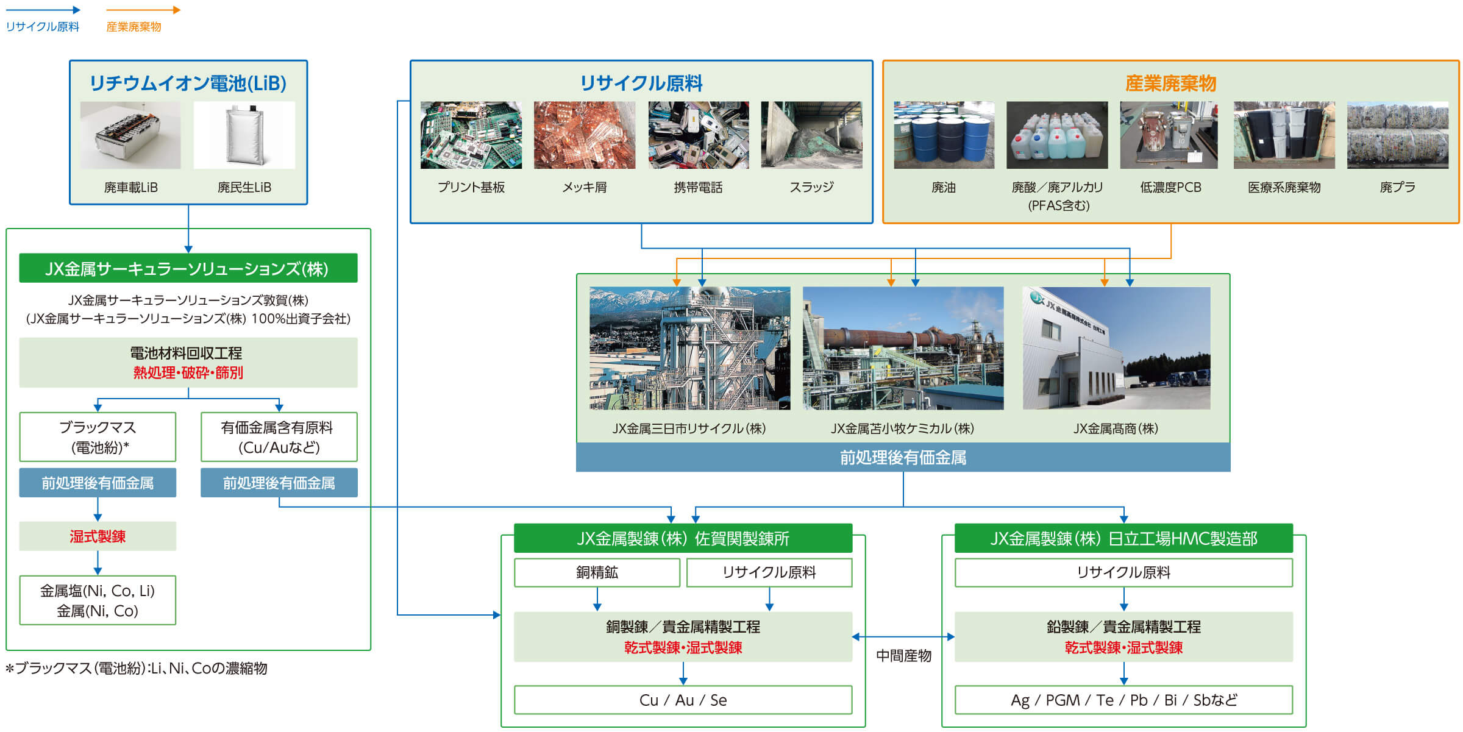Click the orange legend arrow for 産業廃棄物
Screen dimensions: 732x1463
click(143, 10)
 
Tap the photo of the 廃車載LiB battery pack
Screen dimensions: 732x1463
click(130, 135)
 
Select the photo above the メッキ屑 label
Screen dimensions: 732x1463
click(584, 135)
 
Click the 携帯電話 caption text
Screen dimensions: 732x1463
click(698, 188)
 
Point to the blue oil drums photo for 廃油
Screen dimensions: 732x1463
click(944, 135)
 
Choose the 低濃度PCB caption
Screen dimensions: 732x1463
click(1170, 188)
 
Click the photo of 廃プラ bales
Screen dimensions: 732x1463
click(1397, 135)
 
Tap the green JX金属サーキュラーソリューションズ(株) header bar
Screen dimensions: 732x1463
click(188, 268)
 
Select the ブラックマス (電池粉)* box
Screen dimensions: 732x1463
click(98, 437)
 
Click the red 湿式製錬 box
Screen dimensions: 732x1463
click(98, 536)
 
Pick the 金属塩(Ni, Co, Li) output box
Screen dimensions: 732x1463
click(98, 600)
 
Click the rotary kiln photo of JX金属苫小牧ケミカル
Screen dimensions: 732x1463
click(903, 348)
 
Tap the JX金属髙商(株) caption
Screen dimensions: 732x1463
click(1116, 428)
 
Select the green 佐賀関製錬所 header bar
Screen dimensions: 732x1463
click(683, 538)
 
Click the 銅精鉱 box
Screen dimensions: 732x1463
click(597, 572)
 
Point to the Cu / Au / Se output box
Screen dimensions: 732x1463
click(683, 700)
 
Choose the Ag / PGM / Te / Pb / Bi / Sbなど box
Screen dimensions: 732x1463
click(1123, 700)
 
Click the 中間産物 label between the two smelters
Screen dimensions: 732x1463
click(903, 656)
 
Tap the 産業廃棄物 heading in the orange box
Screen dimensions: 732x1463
click(1170, 83)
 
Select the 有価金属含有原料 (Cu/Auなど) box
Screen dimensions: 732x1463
click(279, 437)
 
